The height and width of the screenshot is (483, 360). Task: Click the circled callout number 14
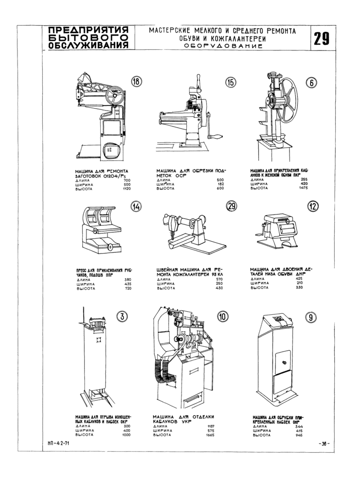coord(136,206)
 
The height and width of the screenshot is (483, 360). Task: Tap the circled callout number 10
coord(222,317)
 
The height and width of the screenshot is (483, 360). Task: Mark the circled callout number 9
coord(311,317)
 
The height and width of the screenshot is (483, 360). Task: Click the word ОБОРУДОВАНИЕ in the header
coord(222,46)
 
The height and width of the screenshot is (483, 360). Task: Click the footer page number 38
coord(323,443)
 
